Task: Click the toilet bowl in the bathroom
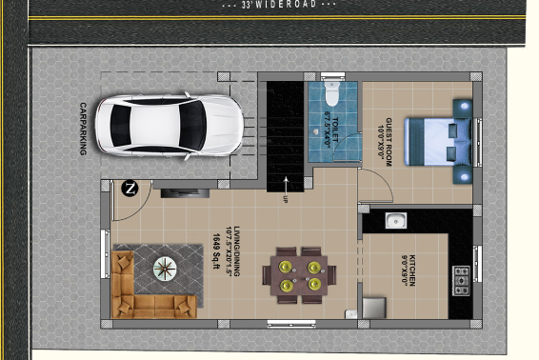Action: point(331,93)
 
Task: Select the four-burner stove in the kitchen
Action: point(461,278)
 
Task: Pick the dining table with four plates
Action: point(299,272)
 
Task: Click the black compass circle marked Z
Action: point(130,188)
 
